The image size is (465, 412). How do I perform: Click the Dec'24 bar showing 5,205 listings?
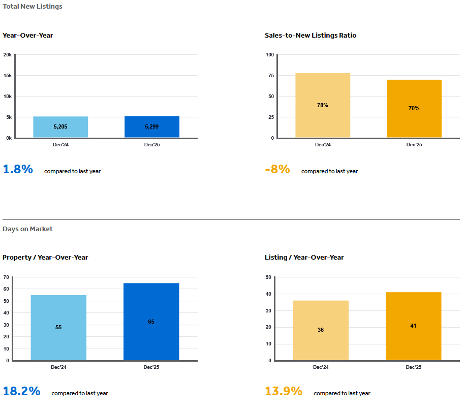click(60, 127)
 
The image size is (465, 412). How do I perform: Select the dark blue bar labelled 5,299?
click(152, 126)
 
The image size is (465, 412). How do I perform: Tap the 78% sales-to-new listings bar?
click(323, 105)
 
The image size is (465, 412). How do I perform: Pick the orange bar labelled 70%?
click(414, 108)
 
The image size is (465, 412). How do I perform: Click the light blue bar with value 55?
click(58, 328)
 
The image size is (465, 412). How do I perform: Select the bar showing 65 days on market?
click(151, 322)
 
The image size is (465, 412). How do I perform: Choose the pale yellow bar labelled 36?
click(321, 330)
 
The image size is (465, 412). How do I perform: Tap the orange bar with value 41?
click(413, 326)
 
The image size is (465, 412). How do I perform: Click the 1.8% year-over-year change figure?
click(18, 170)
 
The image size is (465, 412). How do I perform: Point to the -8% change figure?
click(277, 170)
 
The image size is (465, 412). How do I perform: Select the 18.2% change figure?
click(21, 391)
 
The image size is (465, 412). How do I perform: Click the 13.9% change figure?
click(284, 391)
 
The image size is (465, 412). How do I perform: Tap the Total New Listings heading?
click(33, 7)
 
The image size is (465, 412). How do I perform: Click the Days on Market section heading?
click(27, 229)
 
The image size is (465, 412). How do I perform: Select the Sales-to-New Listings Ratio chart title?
click(311, 36)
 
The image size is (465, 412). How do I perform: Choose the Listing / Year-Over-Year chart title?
click(304, 258)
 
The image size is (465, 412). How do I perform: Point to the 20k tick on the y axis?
click(8, 54)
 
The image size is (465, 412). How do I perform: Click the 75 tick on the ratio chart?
click(271, 76)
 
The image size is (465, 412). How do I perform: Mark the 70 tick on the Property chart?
click(6, 277)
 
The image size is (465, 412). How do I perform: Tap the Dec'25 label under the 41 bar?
click(413, 367)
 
